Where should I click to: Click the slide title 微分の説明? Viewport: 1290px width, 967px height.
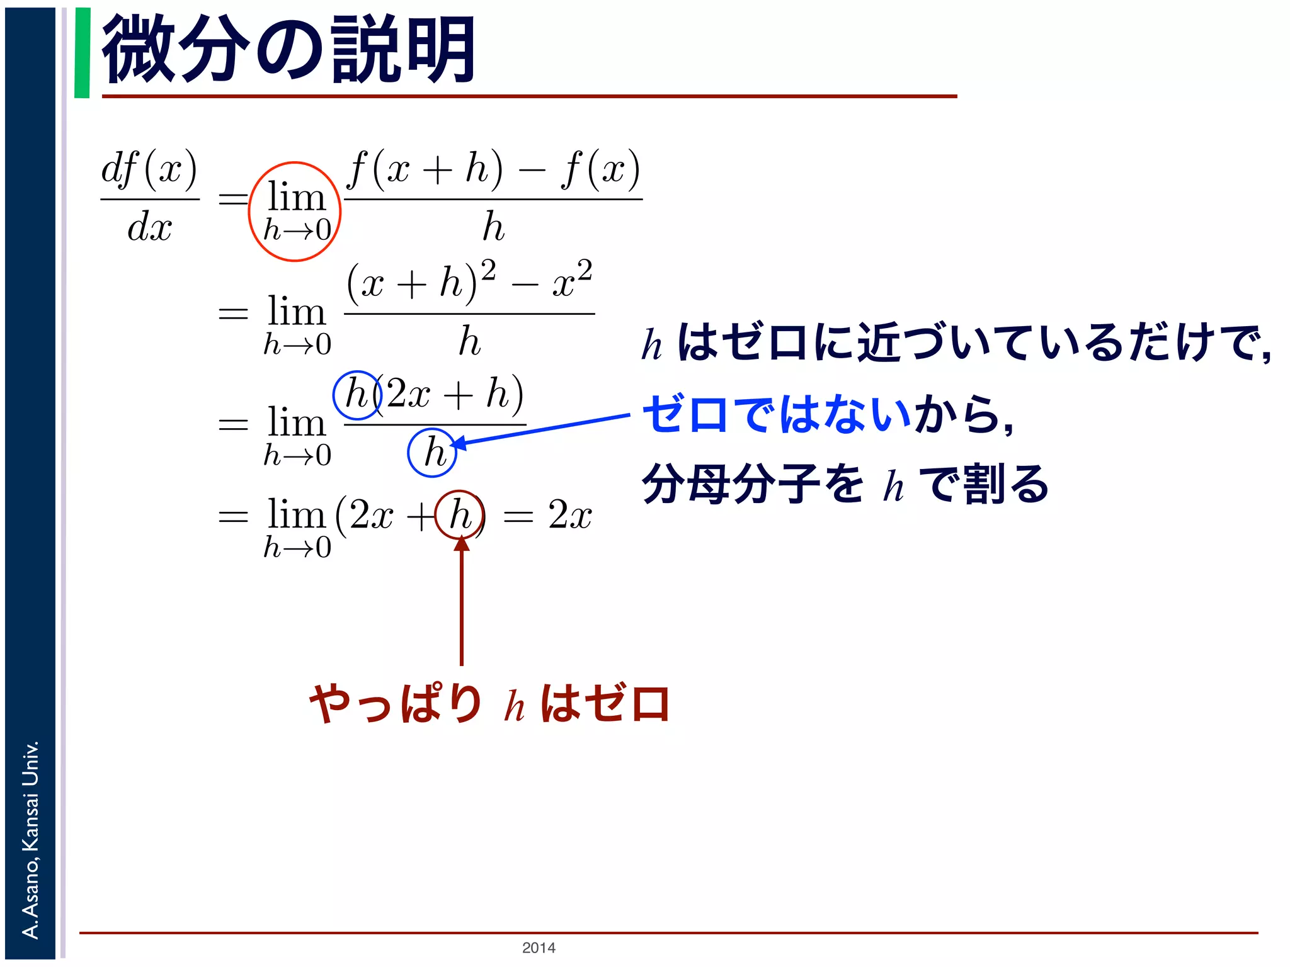tap(288, 50)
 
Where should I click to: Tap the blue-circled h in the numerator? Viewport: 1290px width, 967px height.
tap(357, 395)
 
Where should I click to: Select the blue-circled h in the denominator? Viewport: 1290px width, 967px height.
tap(432, 452)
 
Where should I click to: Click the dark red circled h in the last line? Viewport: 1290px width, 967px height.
tap(460, 515)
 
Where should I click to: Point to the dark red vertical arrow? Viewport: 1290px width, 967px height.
tap(462, 604)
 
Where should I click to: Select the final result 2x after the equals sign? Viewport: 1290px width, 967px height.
tap(569, 515)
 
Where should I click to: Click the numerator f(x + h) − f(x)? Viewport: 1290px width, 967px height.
tap(493, 170)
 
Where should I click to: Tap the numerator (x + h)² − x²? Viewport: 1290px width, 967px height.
tap(469, 281)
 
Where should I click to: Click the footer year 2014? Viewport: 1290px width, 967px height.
tap(539, 947)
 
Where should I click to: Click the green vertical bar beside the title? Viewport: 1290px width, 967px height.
tap(82, 53)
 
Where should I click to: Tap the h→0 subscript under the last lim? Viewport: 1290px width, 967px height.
tap(297, 548)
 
